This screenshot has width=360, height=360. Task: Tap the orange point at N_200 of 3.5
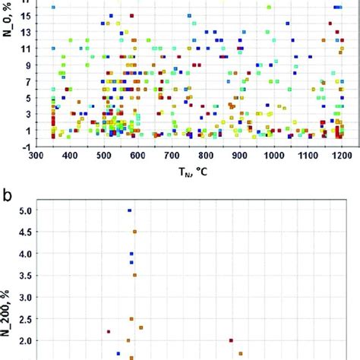(x=134, y=275)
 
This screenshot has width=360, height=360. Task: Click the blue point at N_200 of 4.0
(x=131, y=254)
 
